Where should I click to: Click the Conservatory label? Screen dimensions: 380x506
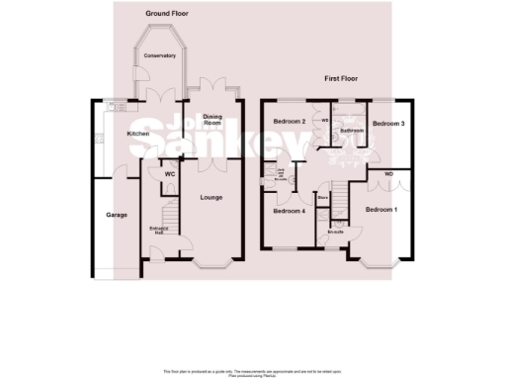(x=159, y=55)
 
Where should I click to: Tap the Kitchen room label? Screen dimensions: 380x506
(x=137, y=133)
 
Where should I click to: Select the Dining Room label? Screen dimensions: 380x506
(x=212, y=120)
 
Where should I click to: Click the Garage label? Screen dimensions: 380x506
(x=117, y=215)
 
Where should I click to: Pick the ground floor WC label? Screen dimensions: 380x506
(x=169, y=173)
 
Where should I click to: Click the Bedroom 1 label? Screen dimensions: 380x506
(x=380, y=210)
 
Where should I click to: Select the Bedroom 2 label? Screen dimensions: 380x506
(x=288, y=121)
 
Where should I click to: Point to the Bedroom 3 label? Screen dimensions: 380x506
(x=388, y=124)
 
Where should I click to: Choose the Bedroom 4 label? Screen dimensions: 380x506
(x=288, y=211)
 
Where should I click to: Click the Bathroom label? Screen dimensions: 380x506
(x=351, y=130)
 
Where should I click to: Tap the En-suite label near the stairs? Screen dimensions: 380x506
(x=336, y=233)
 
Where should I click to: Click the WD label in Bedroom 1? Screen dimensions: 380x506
(x=388, y=175)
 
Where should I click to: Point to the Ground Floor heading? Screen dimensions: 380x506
(x=167, y=14)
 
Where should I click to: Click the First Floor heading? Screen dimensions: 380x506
(x=345, y=77)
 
